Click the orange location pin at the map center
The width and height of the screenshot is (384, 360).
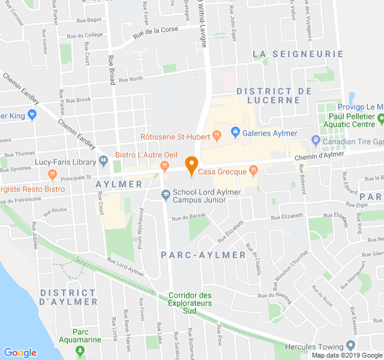click(x=191, y=165)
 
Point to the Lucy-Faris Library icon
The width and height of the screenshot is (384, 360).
click(x=103, y=161)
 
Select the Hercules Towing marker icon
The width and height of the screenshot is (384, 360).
click(x=350, y=346)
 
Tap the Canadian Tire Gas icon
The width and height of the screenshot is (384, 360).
click(x=316, y=141)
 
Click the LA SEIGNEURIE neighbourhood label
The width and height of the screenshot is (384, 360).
click(x=298, y=54)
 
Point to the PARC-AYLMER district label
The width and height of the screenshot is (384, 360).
click(x=203, y=255)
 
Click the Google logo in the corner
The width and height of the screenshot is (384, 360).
click(x=20, y=353)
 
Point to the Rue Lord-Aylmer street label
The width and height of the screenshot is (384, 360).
click(x=126, y=267)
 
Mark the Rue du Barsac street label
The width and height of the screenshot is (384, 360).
click(x=192, y=215)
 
